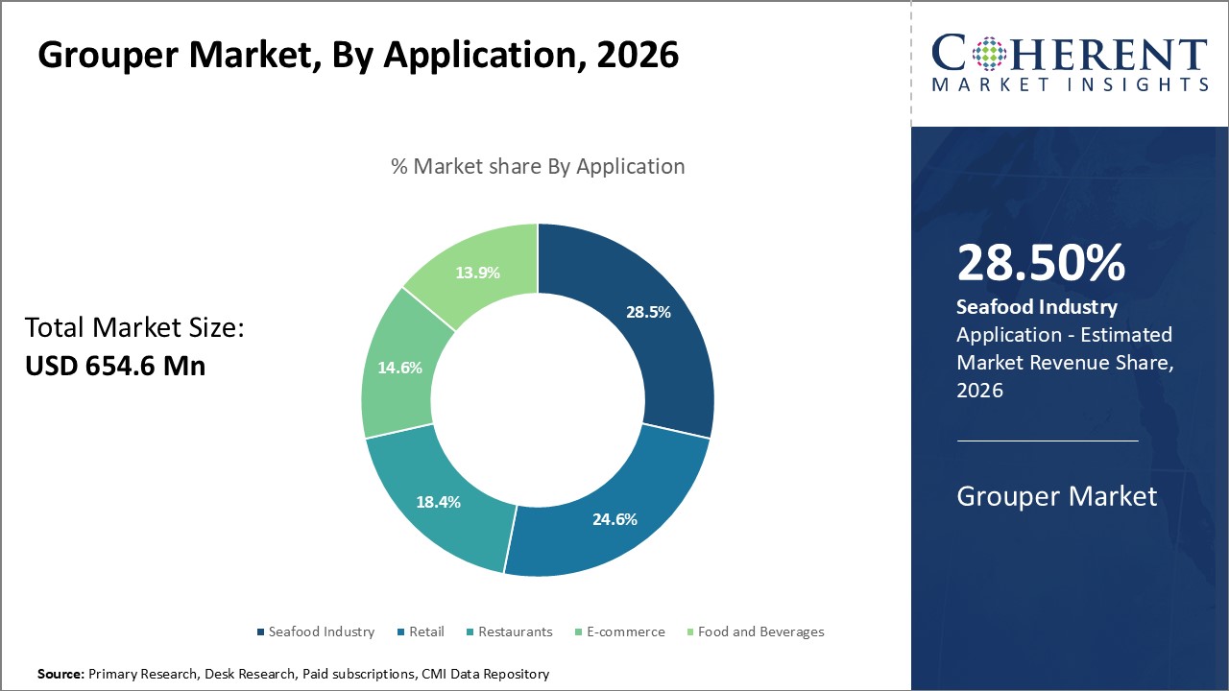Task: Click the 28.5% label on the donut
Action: tap(649, 312)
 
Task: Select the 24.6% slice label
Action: tap(615, 519)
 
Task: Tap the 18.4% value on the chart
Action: tap(438, 501)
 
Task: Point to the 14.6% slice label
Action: tap(399, 367)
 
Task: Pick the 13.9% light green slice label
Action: tap(477, 272)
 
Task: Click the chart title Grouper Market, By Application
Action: tap(358, 55)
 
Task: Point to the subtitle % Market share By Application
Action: tap(538, 166)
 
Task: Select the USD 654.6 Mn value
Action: tap(115, 366)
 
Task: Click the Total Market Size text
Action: tap(134, 328)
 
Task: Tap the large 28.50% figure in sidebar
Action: tap(1041, 264)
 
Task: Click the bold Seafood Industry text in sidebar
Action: tap(1037, 307)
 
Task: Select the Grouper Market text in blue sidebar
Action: tap(1057, 496)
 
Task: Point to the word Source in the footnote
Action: tap(60, 674)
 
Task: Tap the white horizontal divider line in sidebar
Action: tap(1048, 441)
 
